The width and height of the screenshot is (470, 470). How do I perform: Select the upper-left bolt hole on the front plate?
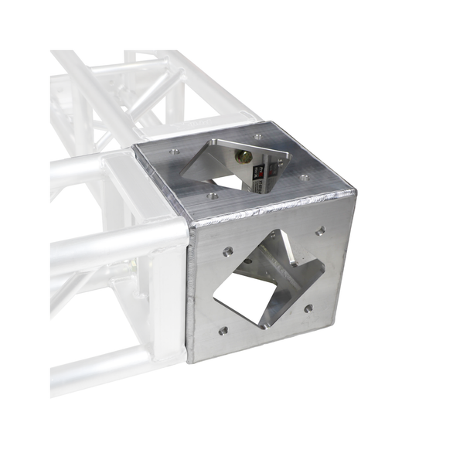[228, 251]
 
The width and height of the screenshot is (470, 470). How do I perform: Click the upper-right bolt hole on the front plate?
[319, 230]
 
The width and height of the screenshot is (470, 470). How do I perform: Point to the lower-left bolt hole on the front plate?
[223, 330]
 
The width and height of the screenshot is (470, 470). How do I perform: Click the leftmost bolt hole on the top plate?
[174, 152]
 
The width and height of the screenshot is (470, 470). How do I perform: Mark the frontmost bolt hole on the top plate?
[213, 196]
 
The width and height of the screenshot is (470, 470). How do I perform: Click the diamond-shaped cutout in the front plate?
[267, 282]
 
